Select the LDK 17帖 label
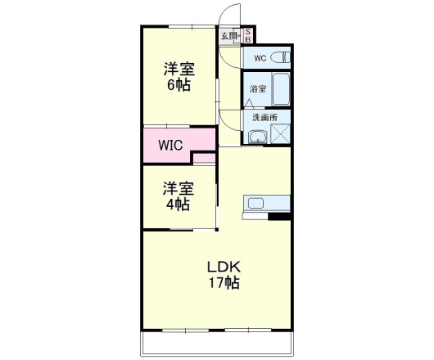(223, 274)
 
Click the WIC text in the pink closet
(170, 146)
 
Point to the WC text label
(260, 58)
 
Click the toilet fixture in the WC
(281, 57)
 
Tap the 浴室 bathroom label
(257, 88)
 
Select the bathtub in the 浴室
(280, 89)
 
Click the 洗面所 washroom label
(264, 117)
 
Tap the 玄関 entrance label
(228, 35)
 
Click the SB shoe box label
(249, 35)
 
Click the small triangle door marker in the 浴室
(249, 103)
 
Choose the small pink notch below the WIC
(205, 158)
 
